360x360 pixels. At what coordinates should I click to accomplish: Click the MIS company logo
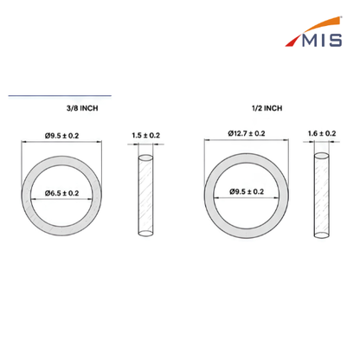[x=313, y=32]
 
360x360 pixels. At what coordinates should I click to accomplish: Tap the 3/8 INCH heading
[x=82, y=108]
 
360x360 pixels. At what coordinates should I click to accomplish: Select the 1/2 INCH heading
[x=267, y=108]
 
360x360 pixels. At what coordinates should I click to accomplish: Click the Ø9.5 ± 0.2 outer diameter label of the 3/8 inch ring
[x=61, y=136]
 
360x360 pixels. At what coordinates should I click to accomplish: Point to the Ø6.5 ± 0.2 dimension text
[x=61, y=193]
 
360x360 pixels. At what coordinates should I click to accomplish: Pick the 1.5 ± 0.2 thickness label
[x=145, y=135]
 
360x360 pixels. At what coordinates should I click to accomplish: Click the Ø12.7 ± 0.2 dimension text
[x=247, y=133]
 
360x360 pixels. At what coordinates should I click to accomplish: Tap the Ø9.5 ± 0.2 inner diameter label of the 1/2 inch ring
[x=247, y=191]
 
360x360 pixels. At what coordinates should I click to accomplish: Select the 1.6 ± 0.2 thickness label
[x=322, y=133]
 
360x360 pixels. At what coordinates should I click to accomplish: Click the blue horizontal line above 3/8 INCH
[x=60, y=95]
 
